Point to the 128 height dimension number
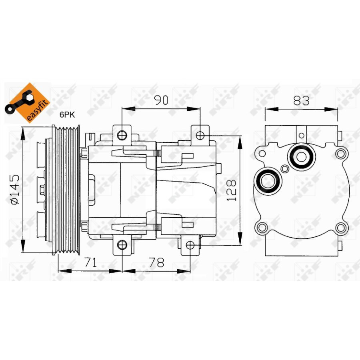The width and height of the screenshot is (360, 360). (x=232, y=190)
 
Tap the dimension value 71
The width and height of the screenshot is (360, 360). (x=91, y=262)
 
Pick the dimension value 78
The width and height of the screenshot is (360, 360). (x=156, y=262)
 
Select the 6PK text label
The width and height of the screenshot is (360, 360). (x=68, y=115)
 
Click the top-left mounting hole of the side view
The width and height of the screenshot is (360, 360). (x=122, y=135)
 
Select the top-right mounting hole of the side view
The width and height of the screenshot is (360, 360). (x=200, y=135)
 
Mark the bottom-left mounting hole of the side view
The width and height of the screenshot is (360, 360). (x=121, y=244)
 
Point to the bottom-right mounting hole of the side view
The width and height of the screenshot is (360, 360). (x=190, y=244)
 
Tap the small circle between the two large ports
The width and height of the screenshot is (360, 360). (x=284, y=169)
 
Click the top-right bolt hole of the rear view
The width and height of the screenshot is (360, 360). (x=340, y=153)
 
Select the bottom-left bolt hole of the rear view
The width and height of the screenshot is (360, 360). (x=262, y=228)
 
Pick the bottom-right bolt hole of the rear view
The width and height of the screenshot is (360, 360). (x=340, y=228)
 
